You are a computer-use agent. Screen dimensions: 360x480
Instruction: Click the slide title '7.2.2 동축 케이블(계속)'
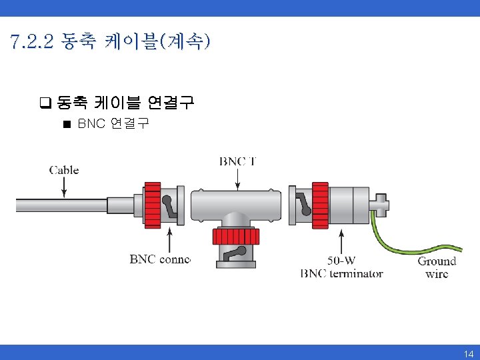click(111, 43)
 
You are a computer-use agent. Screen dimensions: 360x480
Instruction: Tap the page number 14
click(469, 354)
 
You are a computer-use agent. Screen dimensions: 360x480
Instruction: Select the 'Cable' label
click(64, 170)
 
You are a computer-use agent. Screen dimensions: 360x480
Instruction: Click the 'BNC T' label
click(238, 161)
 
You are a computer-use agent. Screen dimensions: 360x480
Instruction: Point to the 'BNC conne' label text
click(160, 259)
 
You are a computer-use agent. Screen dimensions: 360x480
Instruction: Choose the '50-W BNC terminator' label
click(342, 267)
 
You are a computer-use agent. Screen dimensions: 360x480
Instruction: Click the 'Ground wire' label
click(437, 267)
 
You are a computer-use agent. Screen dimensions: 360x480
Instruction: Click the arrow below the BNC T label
click(238, 178)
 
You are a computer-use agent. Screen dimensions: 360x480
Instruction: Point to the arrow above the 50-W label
click(341, 241)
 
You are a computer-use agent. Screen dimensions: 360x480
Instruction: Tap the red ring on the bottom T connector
click(237, 237)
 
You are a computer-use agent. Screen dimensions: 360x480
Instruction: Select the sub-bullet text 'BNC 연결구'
click(113, 124)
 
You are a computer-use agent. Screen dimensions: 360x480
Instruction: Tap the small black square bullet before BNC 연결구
click(66, 124)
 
